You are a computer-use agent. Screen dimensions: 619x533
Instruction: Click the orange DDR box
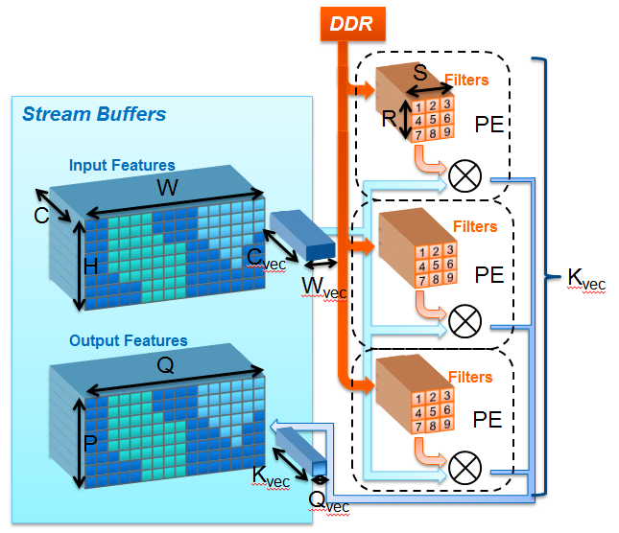pyautogui.click(x=352, y=24)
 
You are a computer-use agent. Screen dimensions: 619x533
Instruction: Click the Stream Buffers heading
pyautogui.click(x=94, y=114)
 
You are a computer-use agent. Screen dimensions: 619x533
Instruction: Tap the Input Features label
pyautogui.click(x=122, y=165)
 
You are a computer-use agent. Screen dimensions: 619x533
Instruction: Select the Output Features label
pyautogui.click(x=129, y=340)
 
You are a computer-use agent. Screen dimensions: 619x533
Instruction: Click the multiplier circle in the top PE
pyautogui.click(x=465, y=175)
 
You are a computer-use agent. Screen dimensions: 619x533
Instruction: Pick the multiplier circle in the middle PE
pyautogui.click(x=465, y=321)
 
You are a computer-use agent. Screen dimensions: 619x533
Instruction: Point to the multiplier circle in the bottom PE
pyautogui.click(x=465, y=468)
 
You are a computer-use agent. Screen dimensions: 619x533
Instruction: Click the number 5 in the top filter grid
pyautogui.click(x=433, y=119)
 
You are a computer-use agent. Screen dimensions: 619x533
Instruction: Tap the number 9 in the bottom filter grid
pyautogui.click(x=446, y=424)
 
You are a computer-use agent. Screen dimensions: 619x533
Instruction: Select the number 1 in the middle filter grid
pyautogui.click(x=422, y=252)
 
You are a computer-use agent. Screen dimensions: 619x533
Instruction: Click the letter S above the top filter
pyautogui.click(x=420, y=72)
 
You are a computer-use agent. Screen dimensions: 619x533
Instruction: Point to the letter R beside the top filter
pyautogui.click(x=390, y=118)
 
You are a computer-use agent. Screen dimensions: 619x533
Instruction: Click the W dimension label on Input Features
pyautogui.click(x=167, y=187)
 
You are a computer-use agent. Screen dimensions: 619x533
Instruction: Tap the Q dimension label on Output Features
pyautogui.click(x=165, y=365)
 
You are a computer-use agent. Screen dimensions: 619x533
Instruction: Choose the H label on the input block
pyautogui.click(x=90, y=266)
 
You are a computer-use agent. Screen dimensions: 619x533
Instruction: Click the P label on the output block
pyautogui.click(x=90, y=443)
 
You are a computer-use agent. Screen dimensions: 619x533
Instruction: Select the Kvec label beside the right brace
pyautogui.click(x=586, y=279)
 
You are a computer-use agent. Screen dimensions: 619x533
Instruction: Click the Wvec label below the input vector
pyautogui.click(x=324, y=288)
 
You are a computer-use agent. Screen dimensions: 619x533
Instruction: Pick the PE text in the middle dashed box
pyautogui.click(x=489, y=275)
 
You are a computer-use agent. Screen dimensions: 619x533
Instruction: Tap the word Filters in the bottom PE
pyautogui.click(x=470, y=378)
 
